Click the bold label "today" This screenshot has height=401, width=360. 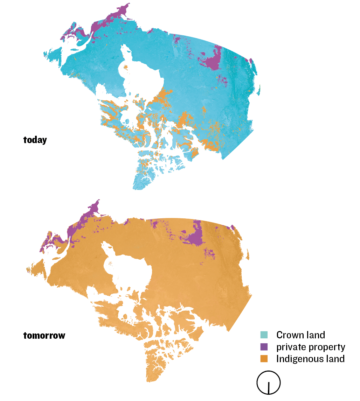tap(35, 140)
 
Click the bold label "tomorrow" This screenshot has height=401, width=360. tap(44, 336)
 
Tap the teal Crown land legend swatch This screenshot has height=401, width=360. tap(264, 335)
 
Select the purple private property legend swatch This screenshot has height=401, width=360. tap(264, 347)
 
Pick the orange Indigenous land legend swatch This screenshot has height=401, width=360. tap(264, 359)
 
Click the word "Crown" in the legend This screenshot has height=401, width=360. tap(289, 335)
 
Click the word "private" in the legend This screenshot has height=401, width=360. tap(291, 347)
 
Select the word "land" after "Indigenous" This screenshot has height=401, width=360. tap(335, 359)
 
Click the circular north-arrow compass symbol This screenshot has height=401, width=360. tap(269, 382)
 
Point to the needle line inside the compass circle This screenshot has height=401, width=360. tap(269, 387)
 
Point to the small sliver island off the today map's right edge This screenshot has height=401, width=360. tap(259, 89)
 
